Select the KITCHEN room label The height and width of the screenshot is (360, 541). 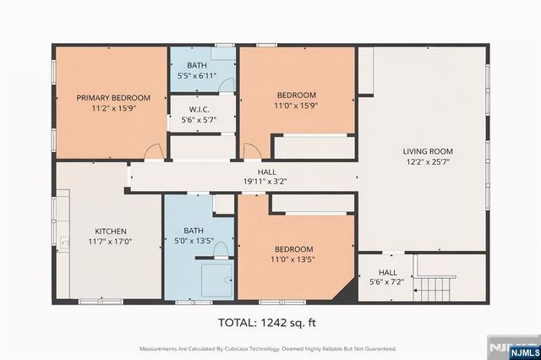(110, 230)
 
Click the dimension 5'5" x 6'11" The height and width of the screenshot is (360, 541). (197, 76)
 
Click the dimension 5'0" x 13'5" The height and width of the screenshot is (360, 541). (200, 240)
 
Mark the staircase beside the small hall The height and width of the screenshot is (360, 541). (439, 287)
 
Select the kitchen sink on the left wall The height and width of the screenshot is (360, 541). (63, 243)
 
